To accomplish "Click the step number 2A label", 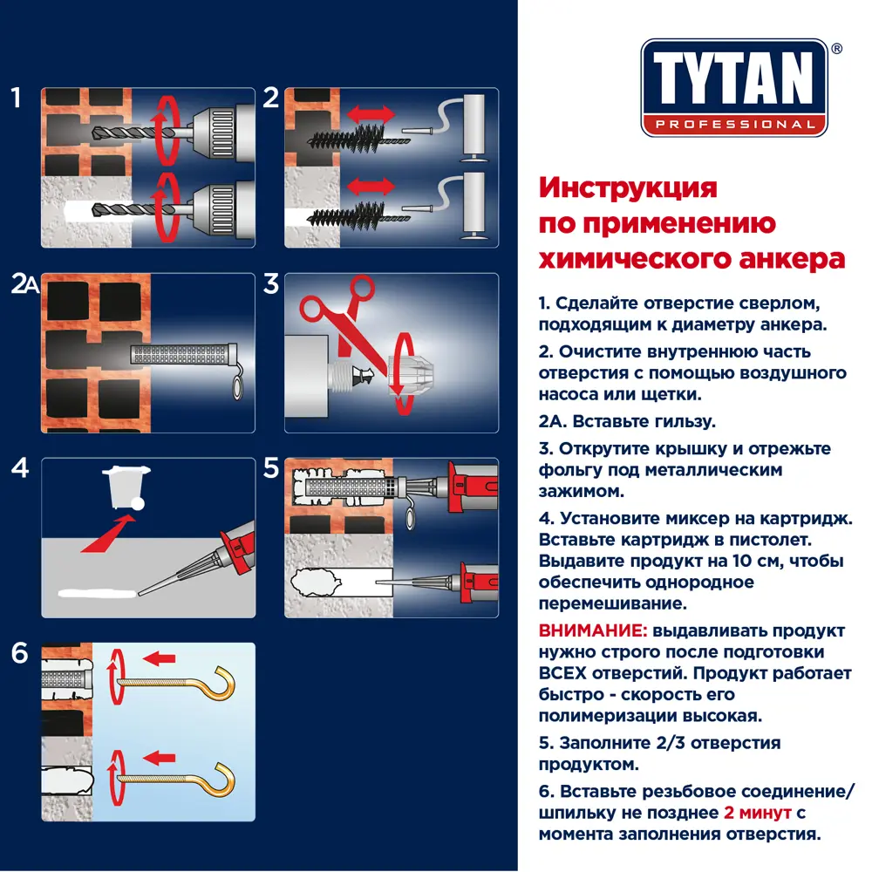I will point(23,285).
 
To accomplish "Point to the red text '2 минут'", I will point(757,813).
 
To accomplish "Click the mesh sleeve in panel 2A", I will point(179,355).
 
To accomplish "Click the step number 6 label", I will point(20,654).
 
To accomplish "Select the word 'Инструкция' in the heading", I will point(628,187).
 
